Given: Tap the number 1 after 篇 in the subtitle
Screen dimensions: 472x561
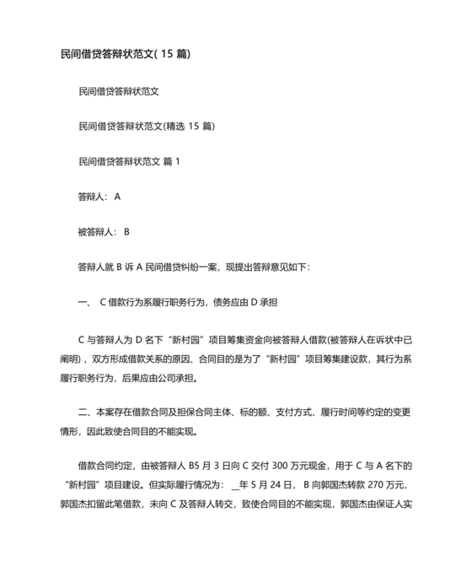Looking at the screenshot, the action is (x=177, y=160).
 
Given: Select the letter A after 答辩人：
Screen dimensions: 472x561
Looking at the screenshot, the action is (x=118, y=196).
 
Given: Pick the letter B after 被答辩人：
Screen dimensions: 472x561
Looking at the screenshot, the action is (x=126, y=231).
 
